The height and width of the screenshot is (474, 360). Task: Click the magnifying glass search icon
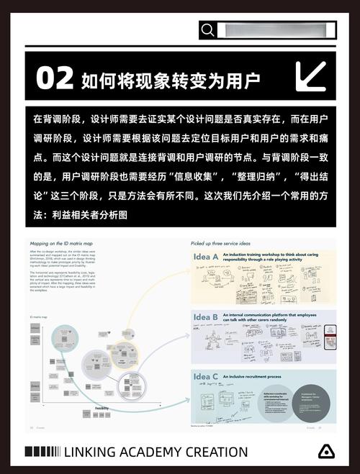click(x=208, y=29)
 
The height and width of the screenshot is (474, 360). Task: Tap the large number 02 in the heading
click(x=55, y=77)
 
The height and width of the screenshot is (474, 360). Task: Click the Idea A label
click(x=206, y=257)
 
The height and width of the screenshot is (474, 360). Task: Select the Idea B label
click(x=206, y=317)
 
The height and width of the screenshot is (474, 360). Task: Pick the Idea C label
click(x=206, y=377)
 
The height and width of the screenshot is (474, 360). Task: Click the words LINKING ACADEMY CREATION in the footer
click(x=156, y=452)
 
